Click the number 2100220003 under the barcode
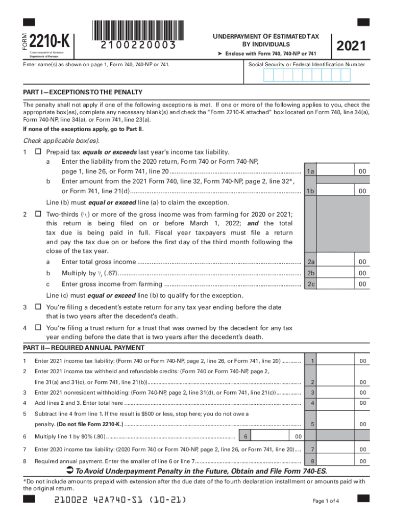tap(138, 45)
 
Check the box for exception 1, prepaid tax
tap(38, 152)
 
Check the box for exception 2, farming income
tap(38, 215)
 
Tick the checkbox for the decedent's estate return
tap(38, 307)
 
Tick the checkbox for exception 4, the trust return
tap(38, 328)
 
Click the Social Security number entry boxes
tap(307, 75)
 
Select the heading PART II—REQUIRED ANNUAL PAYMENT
tap(84, 348)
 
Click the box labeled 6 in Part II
tap(246, 437)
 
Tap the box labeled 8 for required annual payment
tap(312, 461)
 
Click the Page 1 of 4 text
tap(325, 501)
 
